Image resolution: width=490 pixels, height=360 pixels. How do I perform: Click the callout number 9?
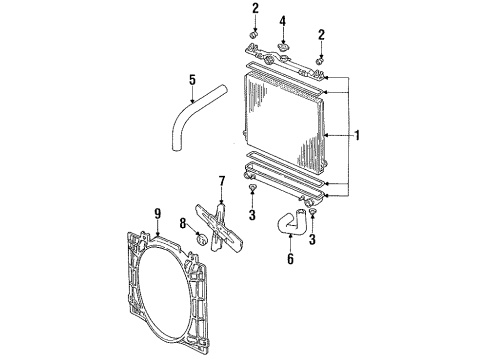pos(156,212)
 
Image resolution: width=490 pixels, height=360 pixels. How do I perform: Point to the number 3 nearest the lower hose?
pos(312,240)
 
